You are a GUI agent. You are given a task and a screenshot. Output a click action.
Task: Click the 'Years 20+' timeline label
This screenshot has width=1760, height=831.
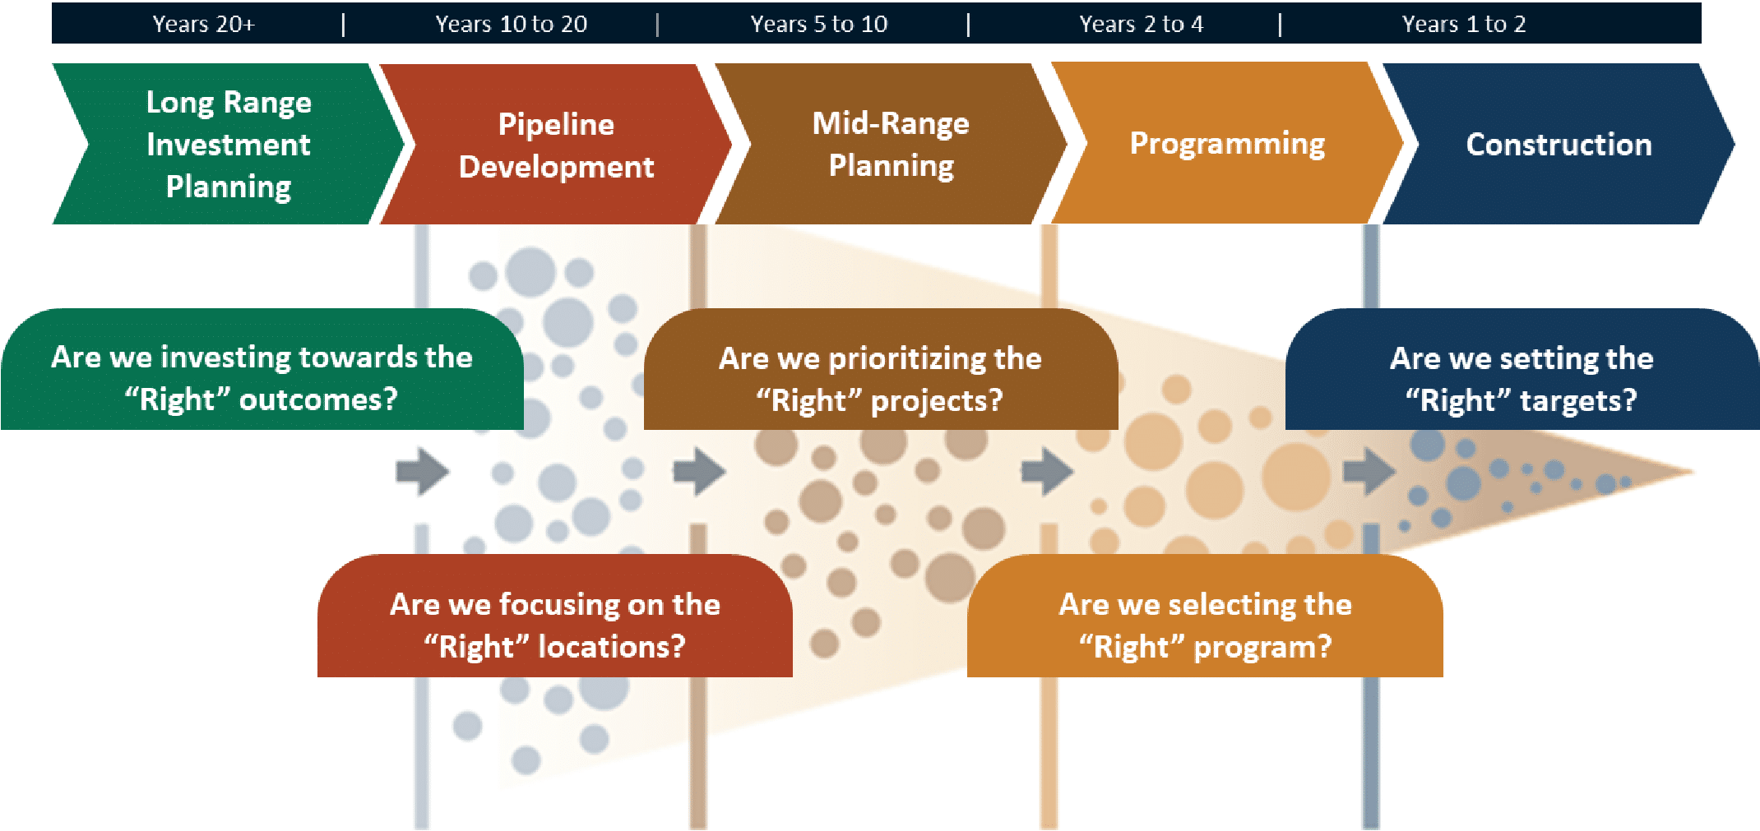[x=203, y=24]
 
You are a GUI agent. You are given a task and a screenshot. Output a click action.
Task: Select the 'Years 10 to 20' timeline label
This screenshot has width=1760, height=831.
[x=511, y=24]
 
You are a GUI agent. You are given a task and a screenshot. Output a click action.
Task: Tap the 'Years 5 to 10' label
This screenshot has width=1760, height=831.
[x=818, y=24]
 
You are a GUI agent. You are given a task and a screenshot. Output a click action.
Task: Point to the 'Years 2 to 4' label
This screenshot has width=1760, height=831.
[x=1141, y=24]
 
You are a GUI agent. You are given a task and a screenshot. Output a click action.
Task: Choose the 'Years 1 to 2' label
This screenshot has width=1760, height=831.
[x=1463, y=24]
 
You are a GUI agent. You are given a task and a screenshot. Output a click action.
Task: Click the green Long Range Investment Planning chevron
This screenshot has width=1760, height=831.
[x=228, y=144]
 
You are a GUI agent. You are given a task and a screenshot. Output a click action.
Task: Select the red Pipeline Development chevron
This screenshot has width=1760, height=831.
[x=556, y=145]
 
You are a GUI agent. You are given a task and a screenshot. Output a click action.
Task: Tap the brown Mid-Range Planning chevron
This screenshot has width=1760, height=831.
[x=891, y=144]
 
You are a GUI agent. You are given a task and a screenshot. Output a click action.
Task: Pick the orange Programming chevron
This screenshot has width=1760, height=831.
[x=1227, y=144]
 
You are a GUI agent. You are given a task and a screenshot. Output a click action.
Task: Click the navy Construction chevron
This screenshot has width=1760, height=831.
[x=1559, y=145]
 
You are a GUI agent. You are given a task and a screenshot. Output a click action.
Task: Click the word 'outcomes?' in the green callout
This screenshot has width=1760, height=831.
[x=318, y=399]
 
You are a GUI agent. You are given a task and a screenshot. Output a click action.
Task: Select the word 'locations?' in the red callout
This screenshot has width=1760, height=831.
[x=611, y=647]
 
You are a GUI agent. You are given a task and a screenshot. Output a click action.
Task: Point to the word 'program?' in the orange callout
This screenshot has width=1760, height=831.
[x=1262, y=647]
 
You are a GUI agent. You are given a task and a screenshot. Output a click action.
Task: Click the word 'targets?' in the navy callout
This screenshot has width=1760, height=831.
[x=1577, y=400]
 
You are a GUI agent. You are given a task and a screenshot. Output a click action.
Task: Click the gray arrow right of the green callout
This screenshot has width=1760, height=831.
[x=422, y=471]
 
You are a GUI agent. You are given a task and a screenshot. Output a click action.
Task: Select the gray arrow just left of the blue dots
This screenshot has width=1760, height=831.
[x=1369, y=471]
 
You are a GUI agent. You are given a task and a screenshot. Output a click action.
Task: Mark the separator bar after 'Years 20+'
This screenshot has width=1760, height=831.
[x=343, y=25]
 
